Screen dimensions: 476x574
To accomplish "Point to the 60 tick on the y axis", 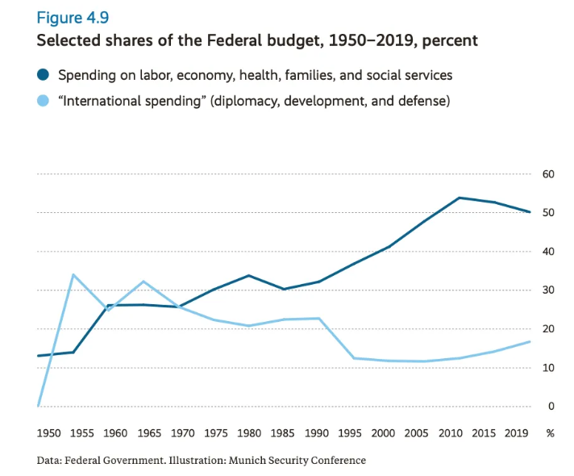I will point(548,174).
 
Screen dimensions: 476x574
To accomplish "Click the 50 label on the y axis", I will point(548,213).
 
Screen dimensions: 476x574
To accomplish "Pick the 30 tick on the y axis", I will point(548,290).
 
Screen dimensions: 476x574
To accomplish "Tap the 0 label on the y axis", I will point(551,407).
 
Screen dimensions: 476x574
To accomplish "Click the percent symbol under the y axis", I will point(550,433).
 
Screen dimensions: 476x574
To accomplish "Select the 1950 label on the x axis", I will point(50,433).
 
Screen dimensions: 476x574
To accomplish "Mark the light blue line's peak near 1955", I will point(73,274).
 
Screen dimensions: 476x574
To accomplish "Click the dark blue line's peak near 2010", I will point(459,198).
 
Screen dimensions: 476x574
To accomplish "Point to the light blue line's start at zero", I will point(38,405).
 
